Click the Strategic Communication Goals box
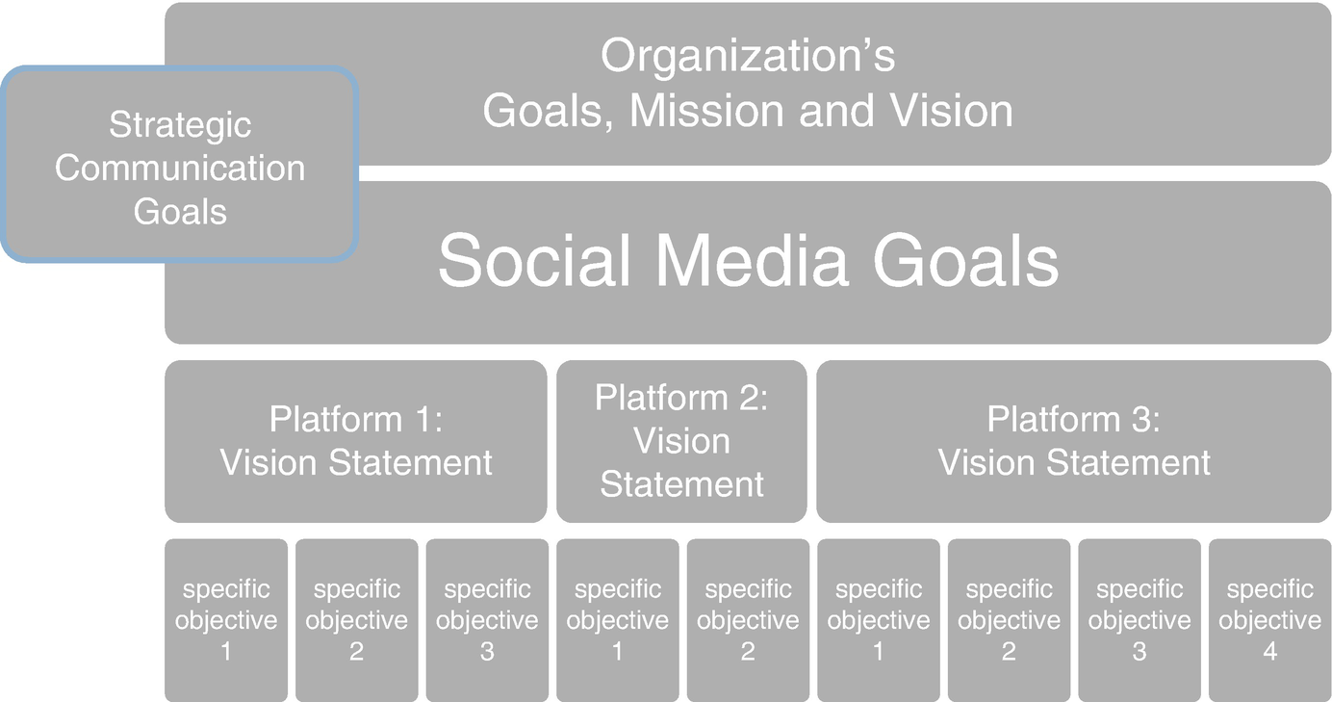click(x=179, y=165)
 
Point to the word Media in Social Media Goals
click(x=752, y=261)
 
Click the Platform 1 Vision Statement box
click(x=355, y=441)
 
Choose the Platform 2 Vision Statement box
click(x=681, y=441)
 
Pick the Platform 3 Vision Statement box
click(x=1073, y=441)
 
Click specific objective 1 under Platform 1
click(x=226, y=620)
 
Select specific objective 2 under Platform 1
click(x=357, y=620)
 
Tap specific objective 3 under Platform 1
click(x=487, y=620)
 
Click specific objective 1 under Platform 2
click(x=618, y=620)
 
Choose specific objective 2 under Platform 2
click(x=748, y=620)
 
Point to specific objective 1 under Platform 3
click(x=879, y=620)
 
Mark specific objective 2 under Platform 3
click(x=1010, y=620)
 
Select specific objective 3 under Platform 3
click(x=1140, y=620)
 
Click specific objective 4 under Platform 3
click(x=1270, y=620)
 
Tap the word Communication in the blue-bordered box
click(x=180, y=168)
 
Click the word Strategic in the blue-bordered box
click(x=180, y=126)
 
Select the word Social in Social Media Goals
click(x=533, y=261)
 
